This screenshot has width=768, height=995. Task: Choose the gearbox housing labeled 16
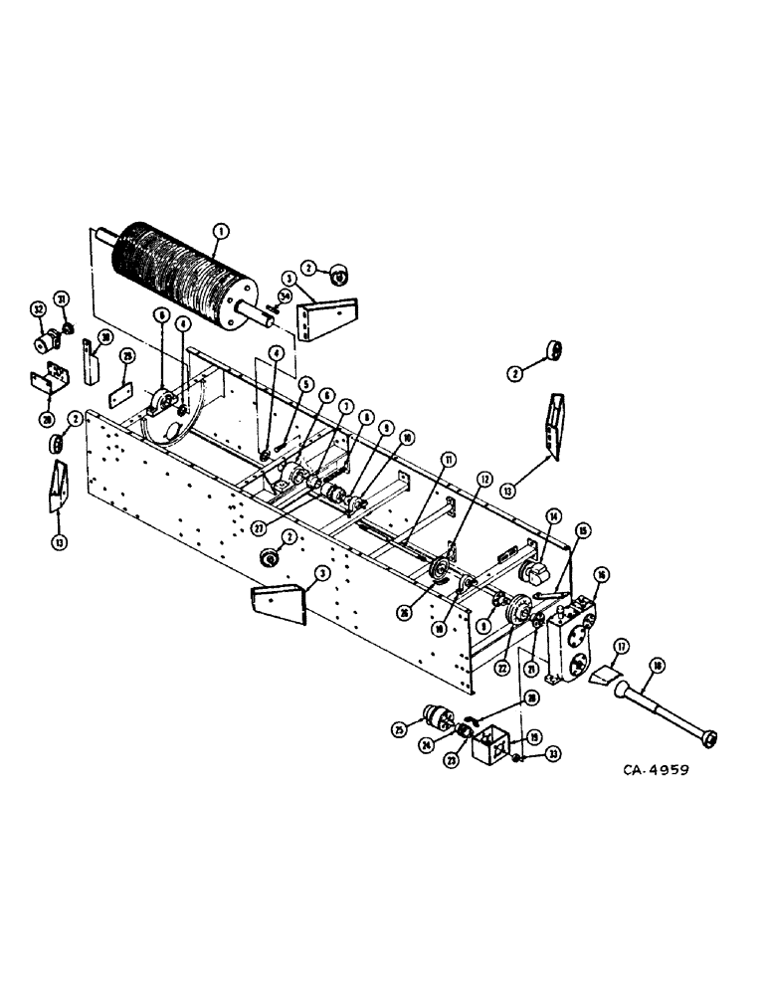pos(574,641)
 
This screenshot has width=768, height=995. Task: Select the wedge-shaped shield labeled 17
pos(603,679)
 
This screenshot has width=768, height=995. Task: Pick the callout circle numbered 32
pos(40,310)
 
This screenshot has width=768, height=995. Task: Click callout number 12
pos(484,479)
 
